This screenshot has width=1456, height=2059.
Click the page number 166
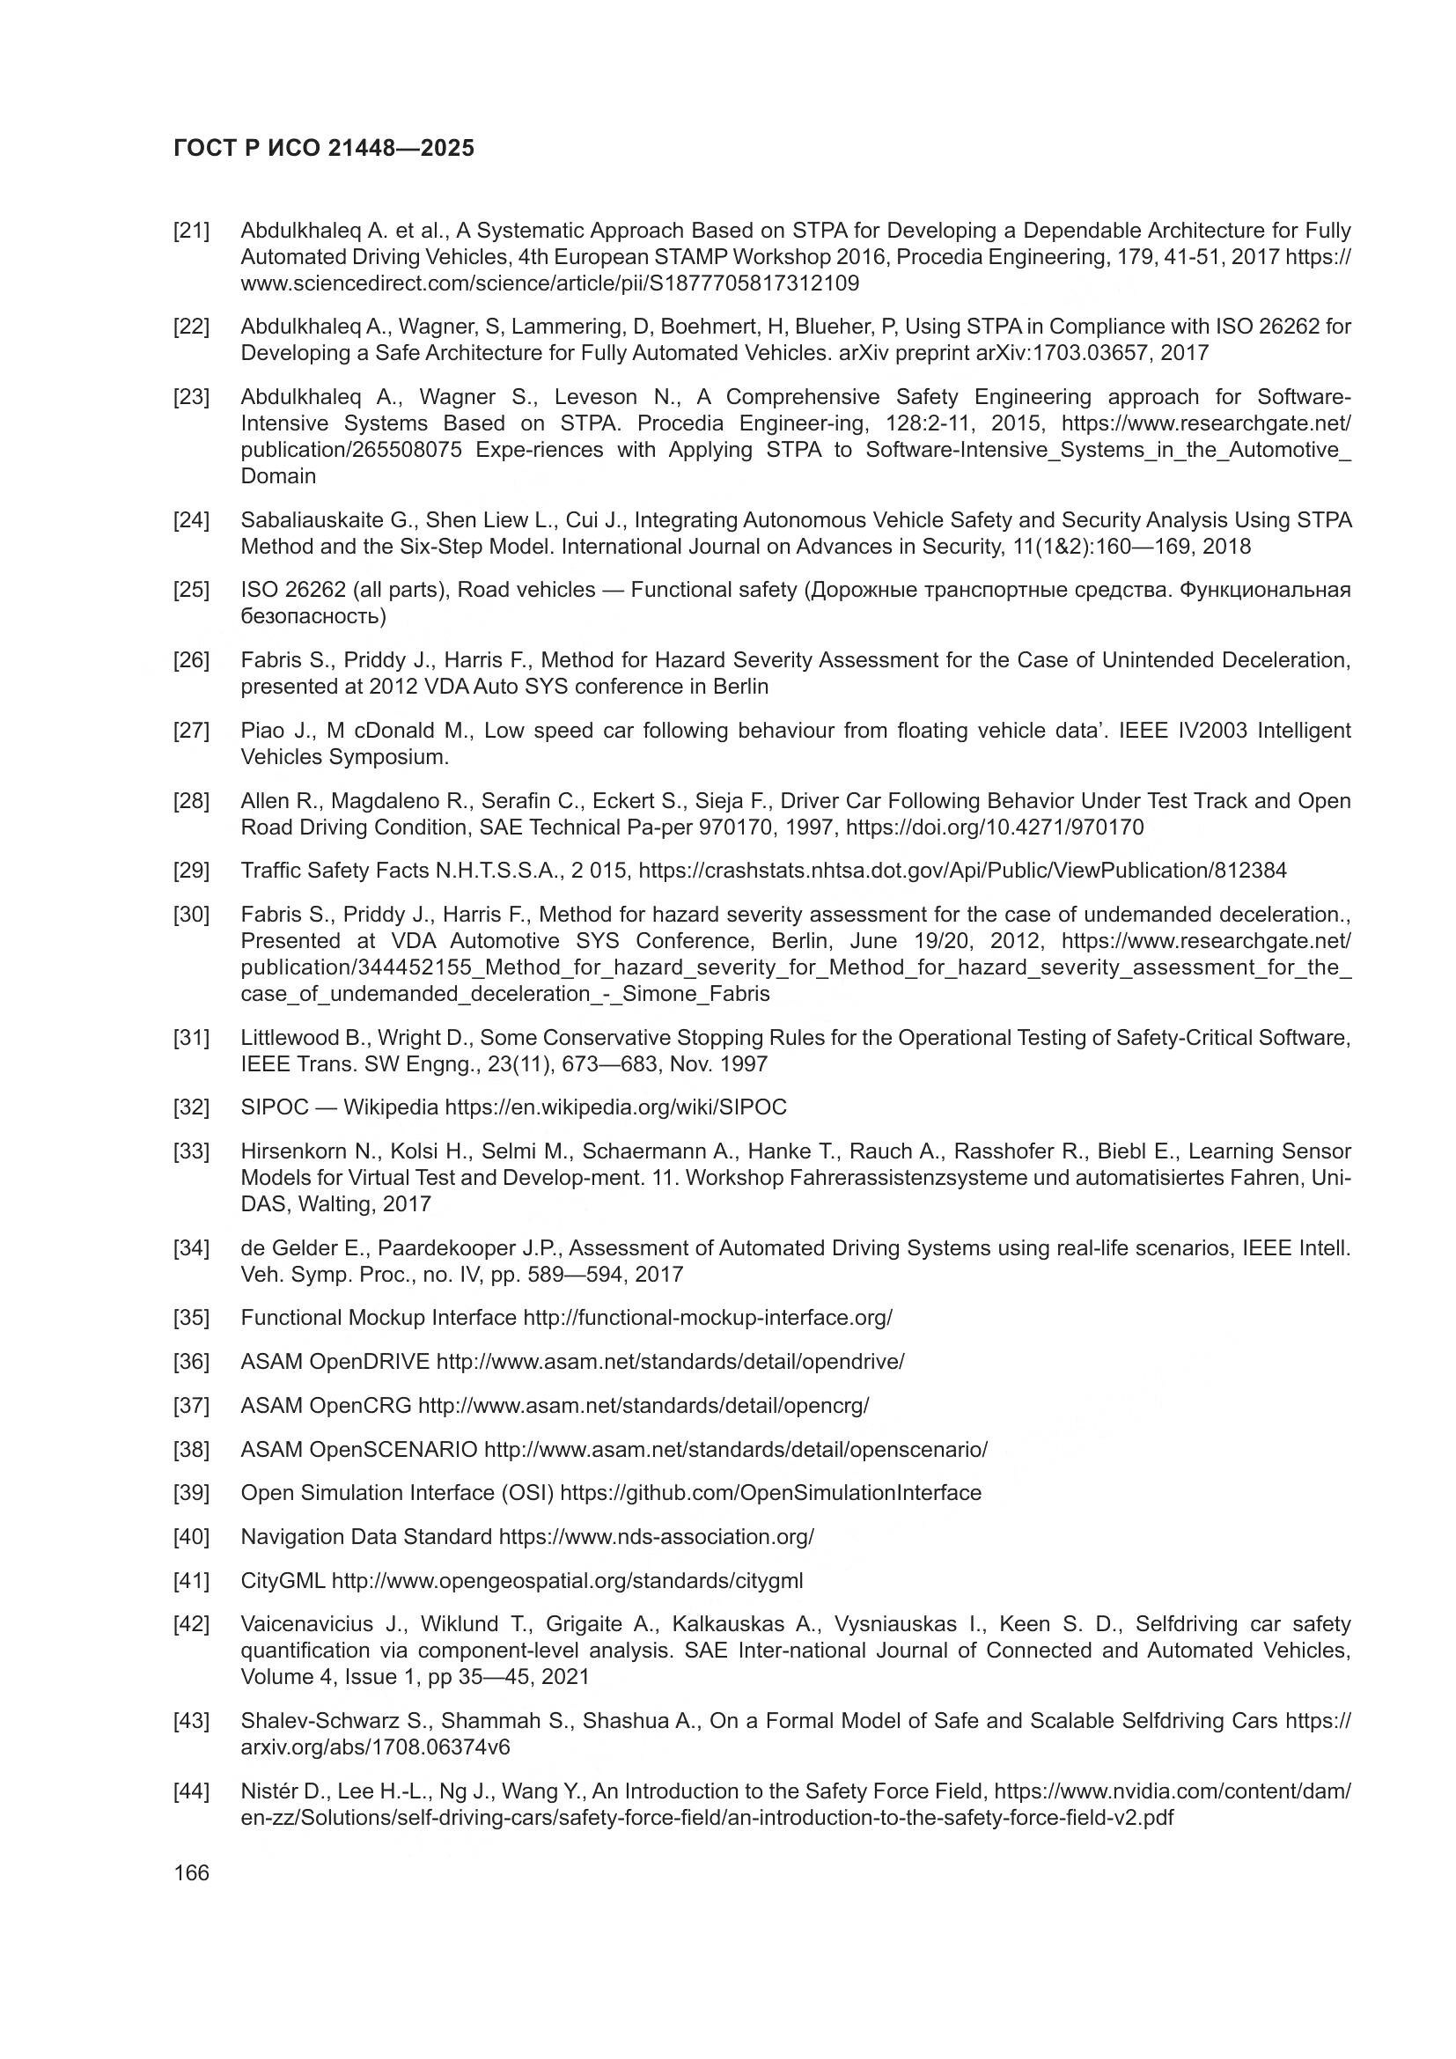(x=191, y=1872)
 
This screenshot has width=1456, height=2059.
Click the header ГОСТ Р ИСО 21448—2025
(x=324, y=148)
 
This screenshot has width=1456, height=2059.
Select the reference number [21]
(x=191, y=232)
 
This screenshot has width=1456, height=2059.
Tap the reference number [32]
(x=191, y=1107)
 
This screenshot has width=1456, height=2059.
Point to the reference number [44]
(x=191, y=1791)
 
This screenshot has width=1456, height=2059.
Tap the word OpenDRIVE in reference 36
(x=370, y=1361)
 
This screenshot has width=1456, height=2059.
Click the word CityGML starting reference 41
(x=283, y=1580)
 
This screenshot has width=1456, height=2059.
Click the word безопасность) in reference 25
(x=313, y=617)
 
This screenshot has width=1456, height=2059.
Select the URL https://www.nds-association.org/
(x=656, y=1537)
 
